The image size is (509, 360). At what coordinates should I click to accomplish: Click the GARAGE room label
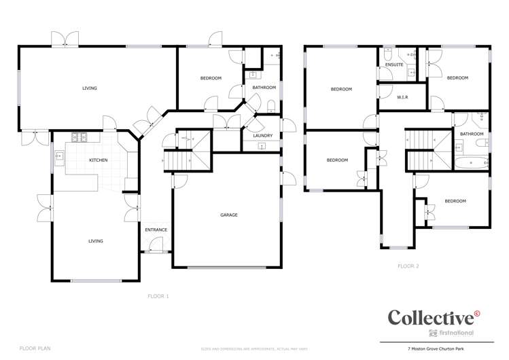(x=228, y=215)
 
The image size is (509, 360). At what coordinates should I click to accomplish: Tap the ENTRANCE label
(x=156, y=230)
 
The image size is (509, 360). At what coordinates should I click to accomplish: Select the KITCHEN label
(x=99, y=160)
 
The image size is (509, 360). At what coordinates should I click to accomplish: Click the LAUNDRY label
(x=262, y=136)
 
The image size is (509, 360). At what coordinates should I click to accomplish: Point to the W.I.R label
(x=402, y=97)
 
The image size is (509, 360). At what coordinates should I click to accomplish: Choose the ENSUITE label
(x=393, y=65)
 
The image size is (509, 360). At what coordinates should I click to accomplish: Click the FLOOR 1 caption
(x=158, y=296)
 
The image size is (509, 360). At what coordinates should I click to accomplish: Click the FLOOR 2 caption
(x=408, y=266)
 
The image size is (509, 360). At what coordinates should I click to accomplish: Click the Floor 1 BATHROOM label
(x=264, y=88)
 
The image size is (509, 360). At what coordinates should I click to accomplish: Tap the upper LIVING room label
(x=89, y=88)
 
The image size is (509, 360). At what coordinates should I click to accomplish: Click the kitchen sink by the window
(x=59, y=156)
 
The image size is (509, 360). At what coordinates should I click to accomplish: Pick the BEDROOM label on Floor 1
(x=211, y=78)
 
